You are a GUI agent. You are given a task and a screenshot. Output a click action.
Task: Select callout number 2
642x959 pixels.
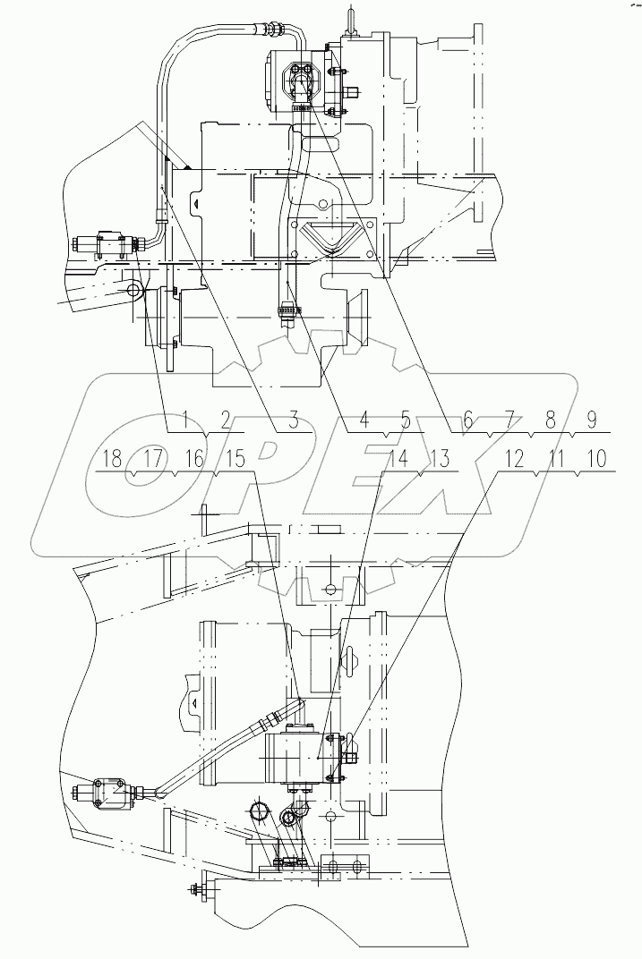pos(225,417)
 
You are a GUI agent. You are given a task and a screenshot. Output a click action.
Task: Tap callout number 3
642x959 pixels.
pos(293,417)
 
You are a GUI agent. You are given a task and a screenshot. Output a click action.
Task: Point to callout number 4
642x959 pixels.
pos(364,417)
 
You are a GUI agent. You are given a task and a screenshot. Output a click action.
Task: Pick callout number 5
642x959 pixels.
pos(405,417)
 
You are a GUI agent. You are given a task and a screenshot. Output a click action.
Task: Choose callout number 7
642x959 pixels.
pos(509,417)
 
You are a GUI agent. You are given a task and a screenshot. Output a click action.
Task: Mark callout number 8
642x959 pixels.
pos(550,417)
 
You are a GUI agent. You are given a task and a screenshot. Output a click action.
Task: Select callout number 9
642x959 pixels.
pos(591,417)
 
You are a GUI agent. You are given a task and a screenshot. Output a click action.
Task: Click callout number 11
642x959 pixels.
pos(556,459)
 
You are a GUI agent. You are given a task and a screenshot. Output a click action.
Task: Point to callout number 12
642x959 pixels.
pos(514,459)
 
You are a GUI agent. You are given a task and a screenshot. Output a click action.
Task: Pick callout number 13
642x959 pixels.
pos(439,459)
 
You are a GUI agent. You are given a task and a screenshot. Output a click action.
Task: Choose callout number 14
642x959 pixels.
pos(398,459)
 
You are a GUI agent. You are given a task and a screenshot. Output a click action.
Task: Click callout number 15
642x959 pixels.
pos(234,459)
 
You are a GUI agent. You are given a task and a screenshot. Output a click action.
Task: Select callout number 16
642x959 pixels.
pos(194,459)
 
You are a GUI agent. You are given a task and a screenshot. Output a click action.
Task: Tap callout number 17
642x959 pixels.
pos(153,459)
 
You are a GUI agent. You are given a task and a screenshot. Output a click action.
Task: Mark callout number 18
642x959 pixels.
pos(112,459)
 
